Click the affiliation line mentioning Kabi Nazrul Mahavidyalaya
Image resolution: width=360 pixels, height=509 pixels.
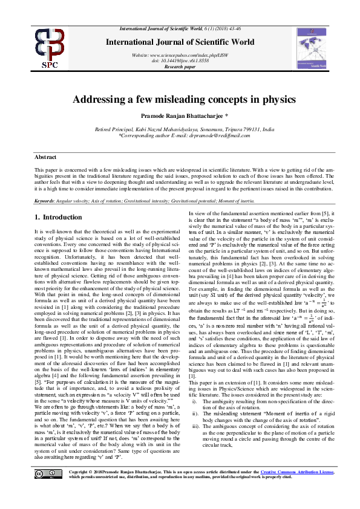185,130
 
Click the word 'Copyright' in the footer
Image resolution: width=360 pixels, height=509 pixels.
82,488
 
